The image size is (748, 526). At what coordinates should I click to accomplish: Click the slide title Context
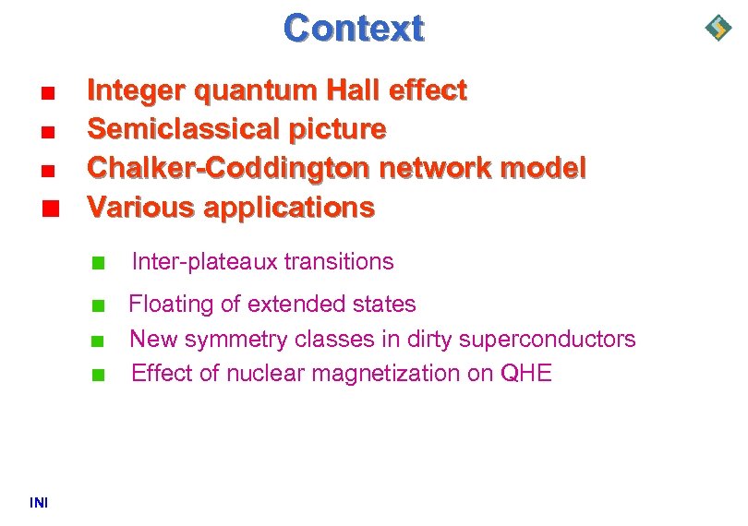354,28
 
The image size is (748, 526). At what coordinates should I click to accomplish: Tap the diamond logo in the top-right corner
718,28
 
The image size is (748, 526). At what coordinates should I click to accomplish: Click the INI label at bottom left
39,502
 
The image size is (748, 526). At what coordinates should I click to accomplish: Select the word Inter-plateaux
204,262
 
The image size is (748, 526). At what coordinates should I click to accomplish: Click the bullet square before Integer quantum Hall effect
49,92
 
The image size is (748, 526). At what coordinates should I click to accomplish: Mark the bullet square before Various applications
49,208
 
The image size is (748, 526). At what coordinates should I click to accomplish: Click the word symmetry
235,339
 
